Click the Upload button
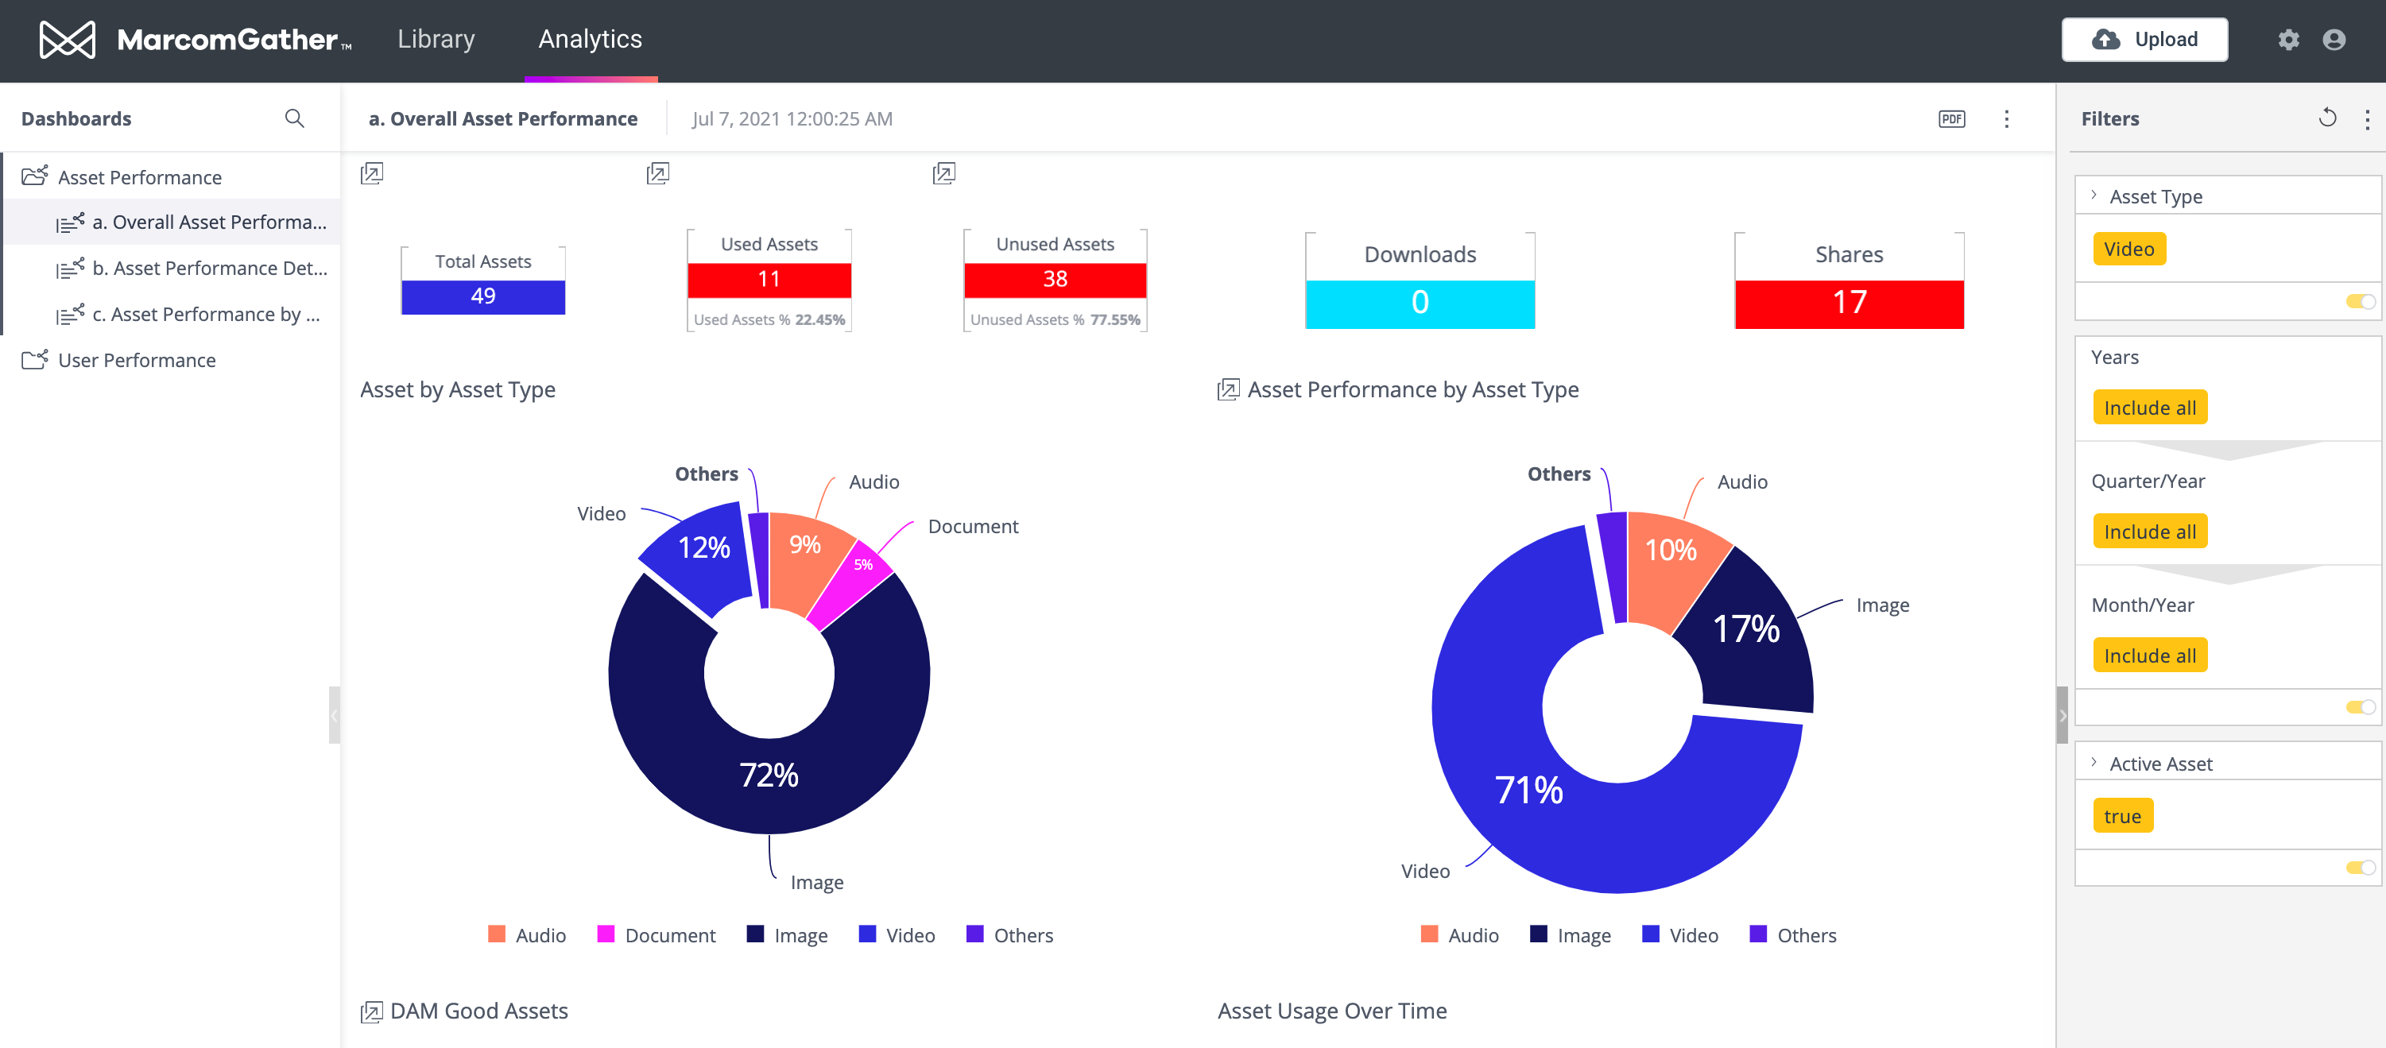pos(2144,39)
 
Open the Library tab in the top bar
pos(436,39)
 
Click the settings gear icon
pos(2287,40)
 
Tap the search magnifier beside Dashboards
pos(295,118)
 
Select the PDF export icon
pos(1951,118)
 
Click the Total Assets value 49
pos(482,296)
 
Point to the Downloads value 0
pos(1420,303)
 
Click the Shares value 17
pos(1849,303)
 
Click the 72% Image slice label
pos(769,775)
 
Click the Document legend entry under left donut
pos(657,935)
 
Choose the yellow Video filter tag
pos(2128,249)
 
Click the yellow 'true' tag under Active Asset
pos(2122,816)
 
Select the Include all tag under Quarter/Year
pos(2150,532)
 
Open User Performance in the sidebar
pos(136,360)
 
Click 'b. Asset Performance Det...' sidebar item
pos(209,269)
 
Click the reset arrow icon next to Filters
pos(2326,118)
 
